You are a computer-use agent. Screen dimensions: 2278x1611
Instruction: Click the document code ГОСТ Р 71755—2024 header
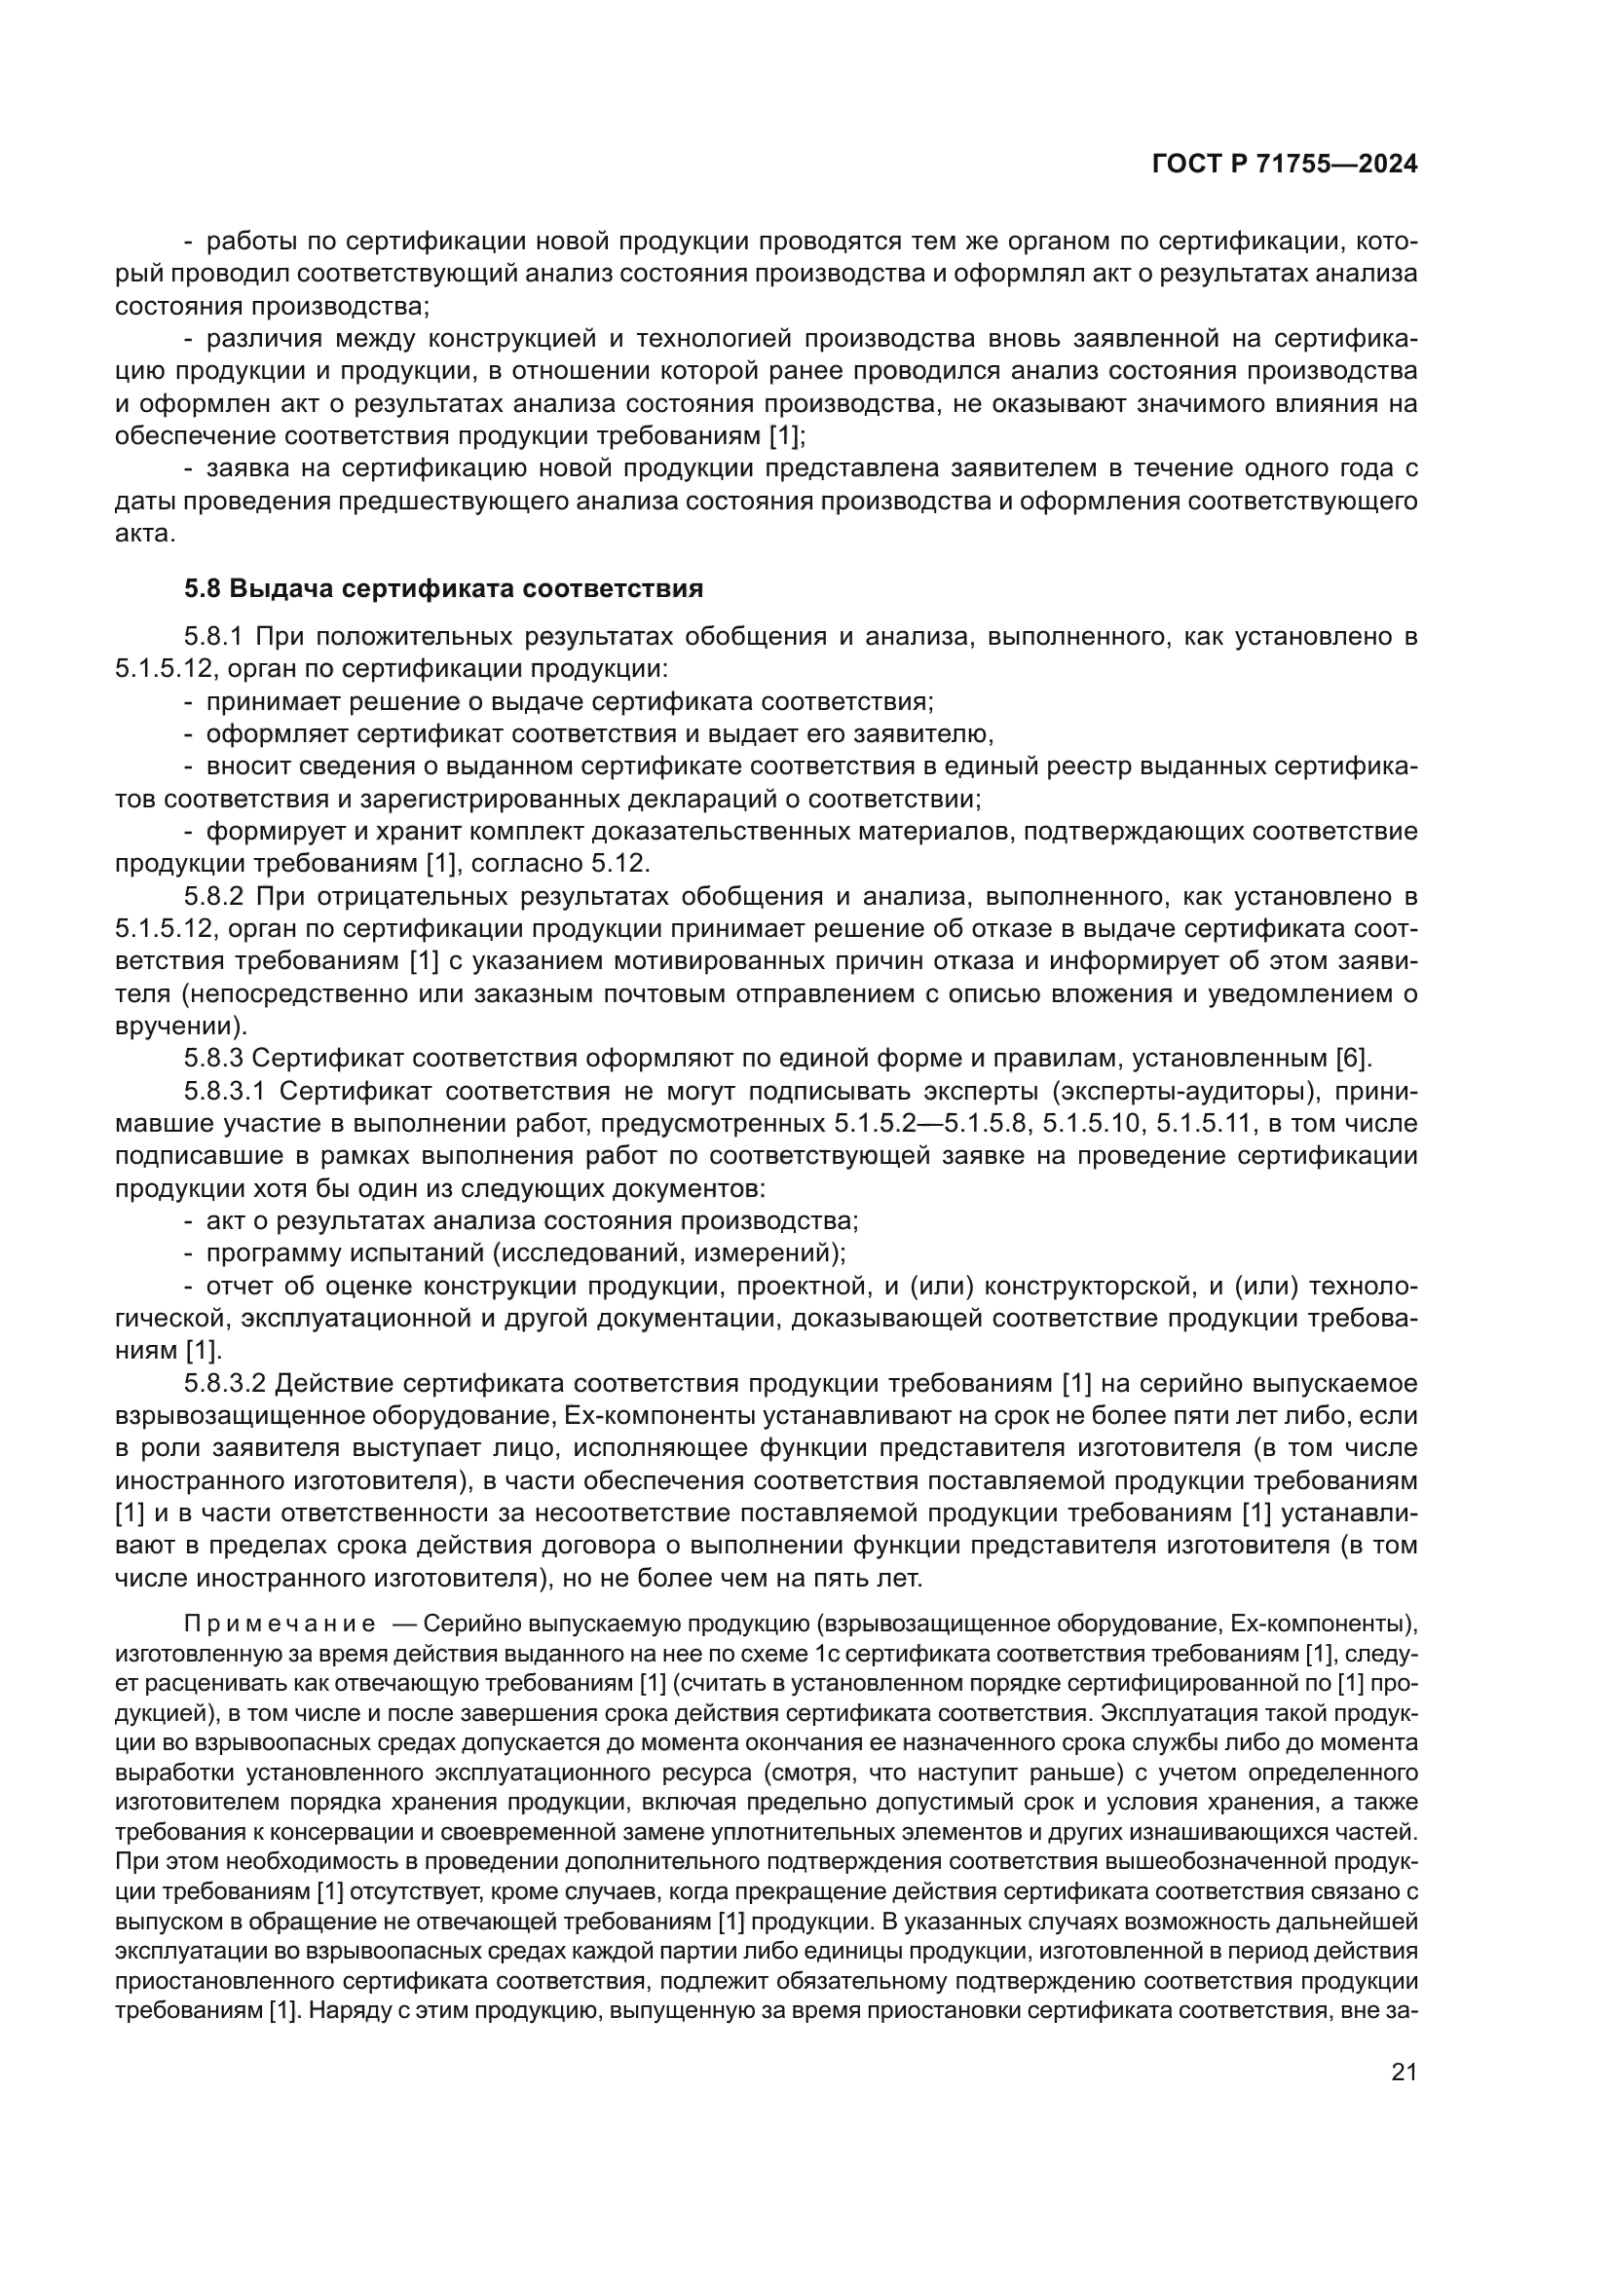tap(1285, 164)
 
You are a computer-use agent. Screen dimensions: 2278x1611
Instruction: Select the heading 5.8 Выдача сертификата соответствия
tap(443, 588)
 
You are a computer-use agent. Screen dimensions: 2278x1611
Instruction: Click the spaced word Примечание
tap(280, 1624)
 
